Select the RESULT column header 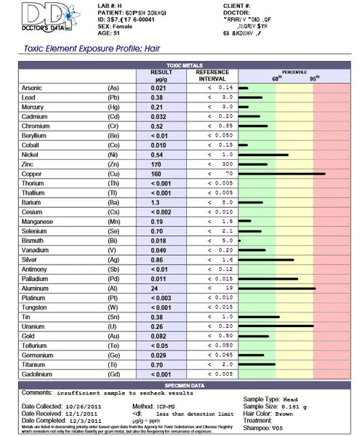coord(161,76)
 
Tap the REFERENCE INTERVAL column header coord(212,76)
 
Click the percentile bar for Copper coord(281,174)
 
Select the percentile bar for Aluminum coord(276,288)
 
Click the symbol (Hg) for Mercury coord(113,107)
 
